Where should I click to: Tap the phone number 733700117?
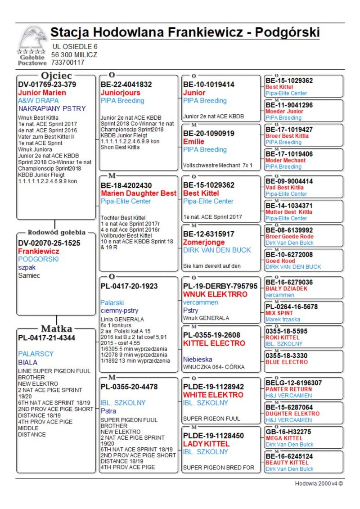pos(67,63)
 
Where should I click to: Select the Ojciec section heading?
pos(56,76)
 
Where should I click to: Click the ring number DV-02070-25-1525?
pos(49,243)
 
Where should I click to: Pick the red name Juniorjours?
pos(121,93)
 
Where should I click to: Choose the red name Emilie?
pos(194,142)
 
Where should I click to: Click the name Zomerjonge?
pos(204,242)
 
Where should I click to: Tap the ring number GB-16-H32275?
pos(288,432)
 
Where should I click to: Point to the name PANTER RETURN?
pos(289,389)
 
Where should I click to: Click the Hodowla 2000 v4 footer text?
pos(319,483)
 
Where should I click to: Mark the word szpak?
pos(27,267)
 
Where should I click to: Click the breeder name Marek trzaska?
pos(283,319)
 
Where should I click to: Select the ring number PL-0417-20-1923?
pos(129,286)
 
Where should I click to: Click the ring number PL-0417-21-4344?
pos(47,338)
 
